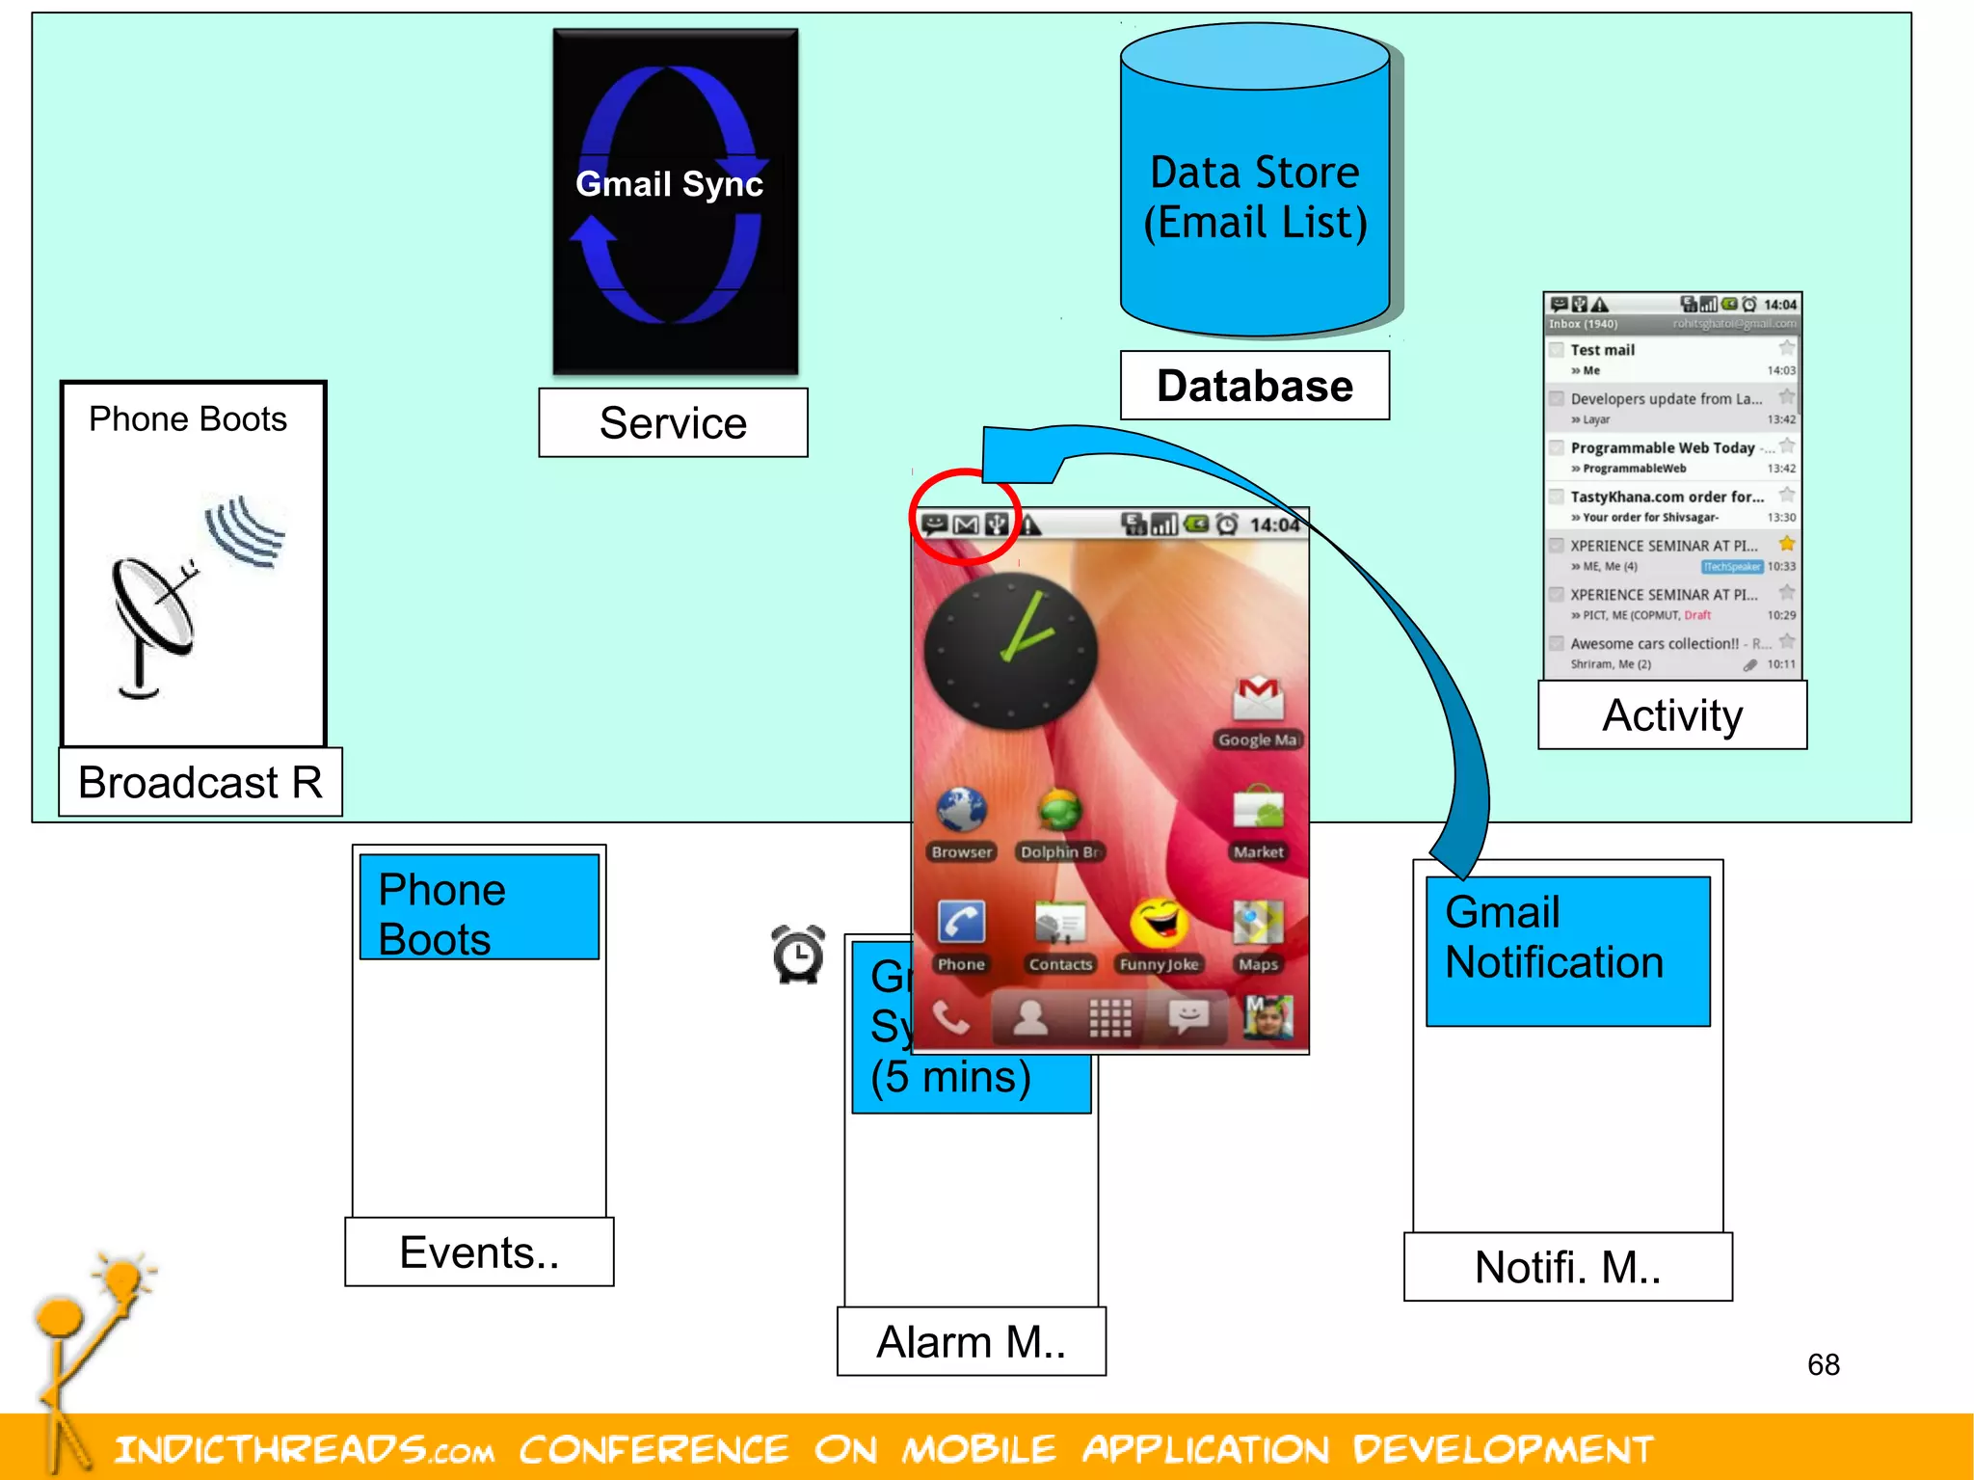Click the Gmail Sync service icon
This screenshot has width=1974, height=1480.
675,201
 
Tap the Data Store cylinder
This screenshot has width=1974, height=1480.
1254,193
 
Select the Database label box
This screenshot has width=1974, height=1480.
1254,386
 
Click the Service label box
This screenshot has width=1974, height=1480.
673,423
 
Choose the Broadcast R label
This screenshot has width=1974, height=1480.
200,782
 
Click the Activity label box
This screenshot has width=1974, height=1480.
1672,715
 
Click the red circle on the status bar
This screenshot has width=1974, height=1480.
965,518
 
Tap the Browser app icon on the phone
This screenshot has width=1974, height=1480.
962,811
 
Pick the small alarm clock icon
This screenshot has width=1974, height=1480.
798,954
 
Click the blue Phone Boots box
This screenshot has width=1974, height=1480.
479,907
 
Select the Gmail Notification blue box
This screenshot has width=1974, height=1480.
1567,950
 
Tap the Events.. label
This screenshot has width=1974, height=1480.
479,1251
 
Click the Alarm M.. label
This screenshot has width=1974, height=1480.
971,1341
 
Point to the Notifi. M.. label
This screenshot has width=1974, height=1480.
1567,1267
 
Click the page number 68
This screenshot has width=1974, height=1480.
1823,1364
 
